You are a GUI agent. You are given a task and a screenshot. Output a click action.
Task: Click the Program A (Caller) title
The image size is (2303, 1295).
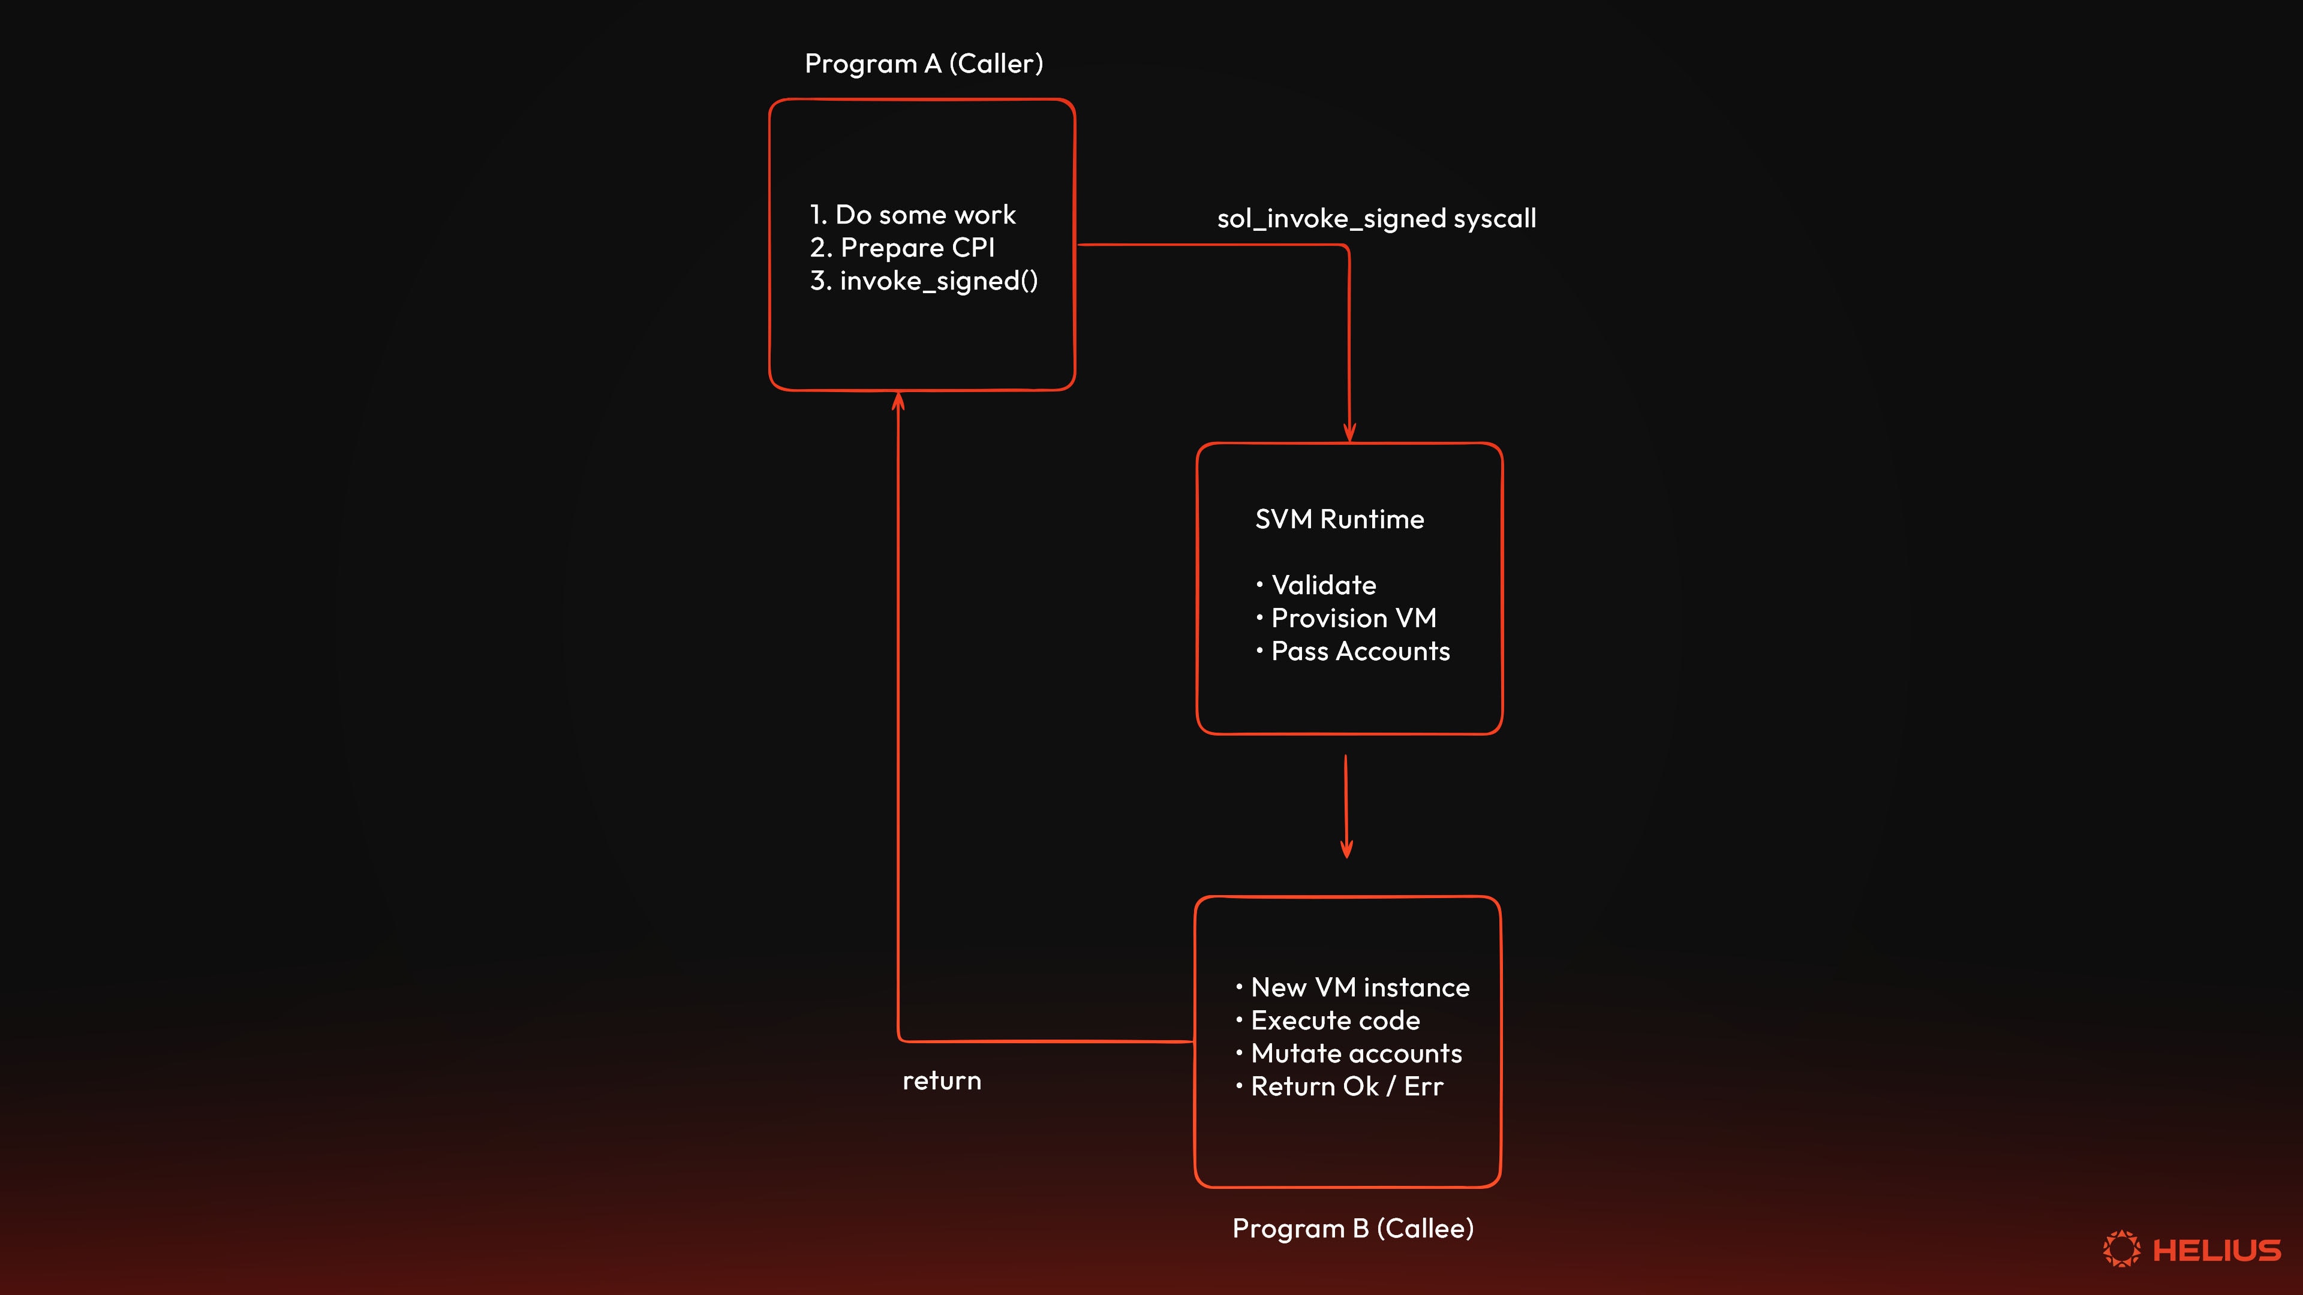coord(924,64)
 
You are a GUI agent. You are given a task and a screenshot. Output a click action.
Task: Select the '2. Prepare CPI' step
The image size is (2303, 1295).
coord(902,248)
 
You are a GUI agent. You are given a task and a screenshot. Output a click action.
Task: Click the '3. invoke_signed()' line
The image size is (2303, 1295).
coord(924,281)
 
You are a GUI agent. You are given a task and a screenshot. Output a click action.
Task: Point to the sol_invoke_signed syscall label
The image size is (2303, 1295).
coord(1376,219)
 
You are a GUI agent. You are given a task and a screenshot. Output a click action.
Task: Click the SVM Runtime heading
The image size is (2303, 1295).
coord(1339,519)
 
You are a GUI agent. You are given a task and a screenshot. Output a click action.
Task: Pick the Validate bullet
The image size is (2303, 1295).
coord(1323,585)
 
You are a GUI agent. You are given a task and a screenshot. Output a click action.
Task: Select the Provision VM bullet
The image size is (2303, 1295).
coord(1352,619)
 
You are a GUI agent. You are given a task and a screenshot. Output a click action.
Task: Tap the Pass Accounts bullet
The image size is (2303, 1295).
coord(1360,652)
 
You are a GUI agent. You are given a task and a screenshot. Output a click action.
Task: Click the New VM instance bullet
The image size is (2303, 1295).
coord(1359,987)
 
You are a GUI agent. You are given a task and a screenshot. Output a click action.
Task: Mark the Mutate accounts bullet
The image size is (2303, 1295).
coord(1355,1054)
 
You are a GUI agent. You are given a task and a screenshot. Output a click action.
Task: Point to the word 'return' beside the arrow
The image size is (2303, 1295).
coord(942,1082)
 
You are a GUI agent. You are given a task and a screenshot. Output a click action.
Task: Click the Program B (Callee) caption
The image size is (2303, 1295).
coord(1352,1229)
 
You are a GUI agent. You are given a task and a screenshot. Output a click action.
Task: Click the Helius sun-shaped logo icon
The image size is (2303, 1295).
coord(2121,1248)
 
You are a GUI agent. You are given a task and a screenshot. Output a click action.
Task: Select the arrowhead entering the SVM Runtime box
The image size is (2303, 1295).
coord(1349,432)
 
